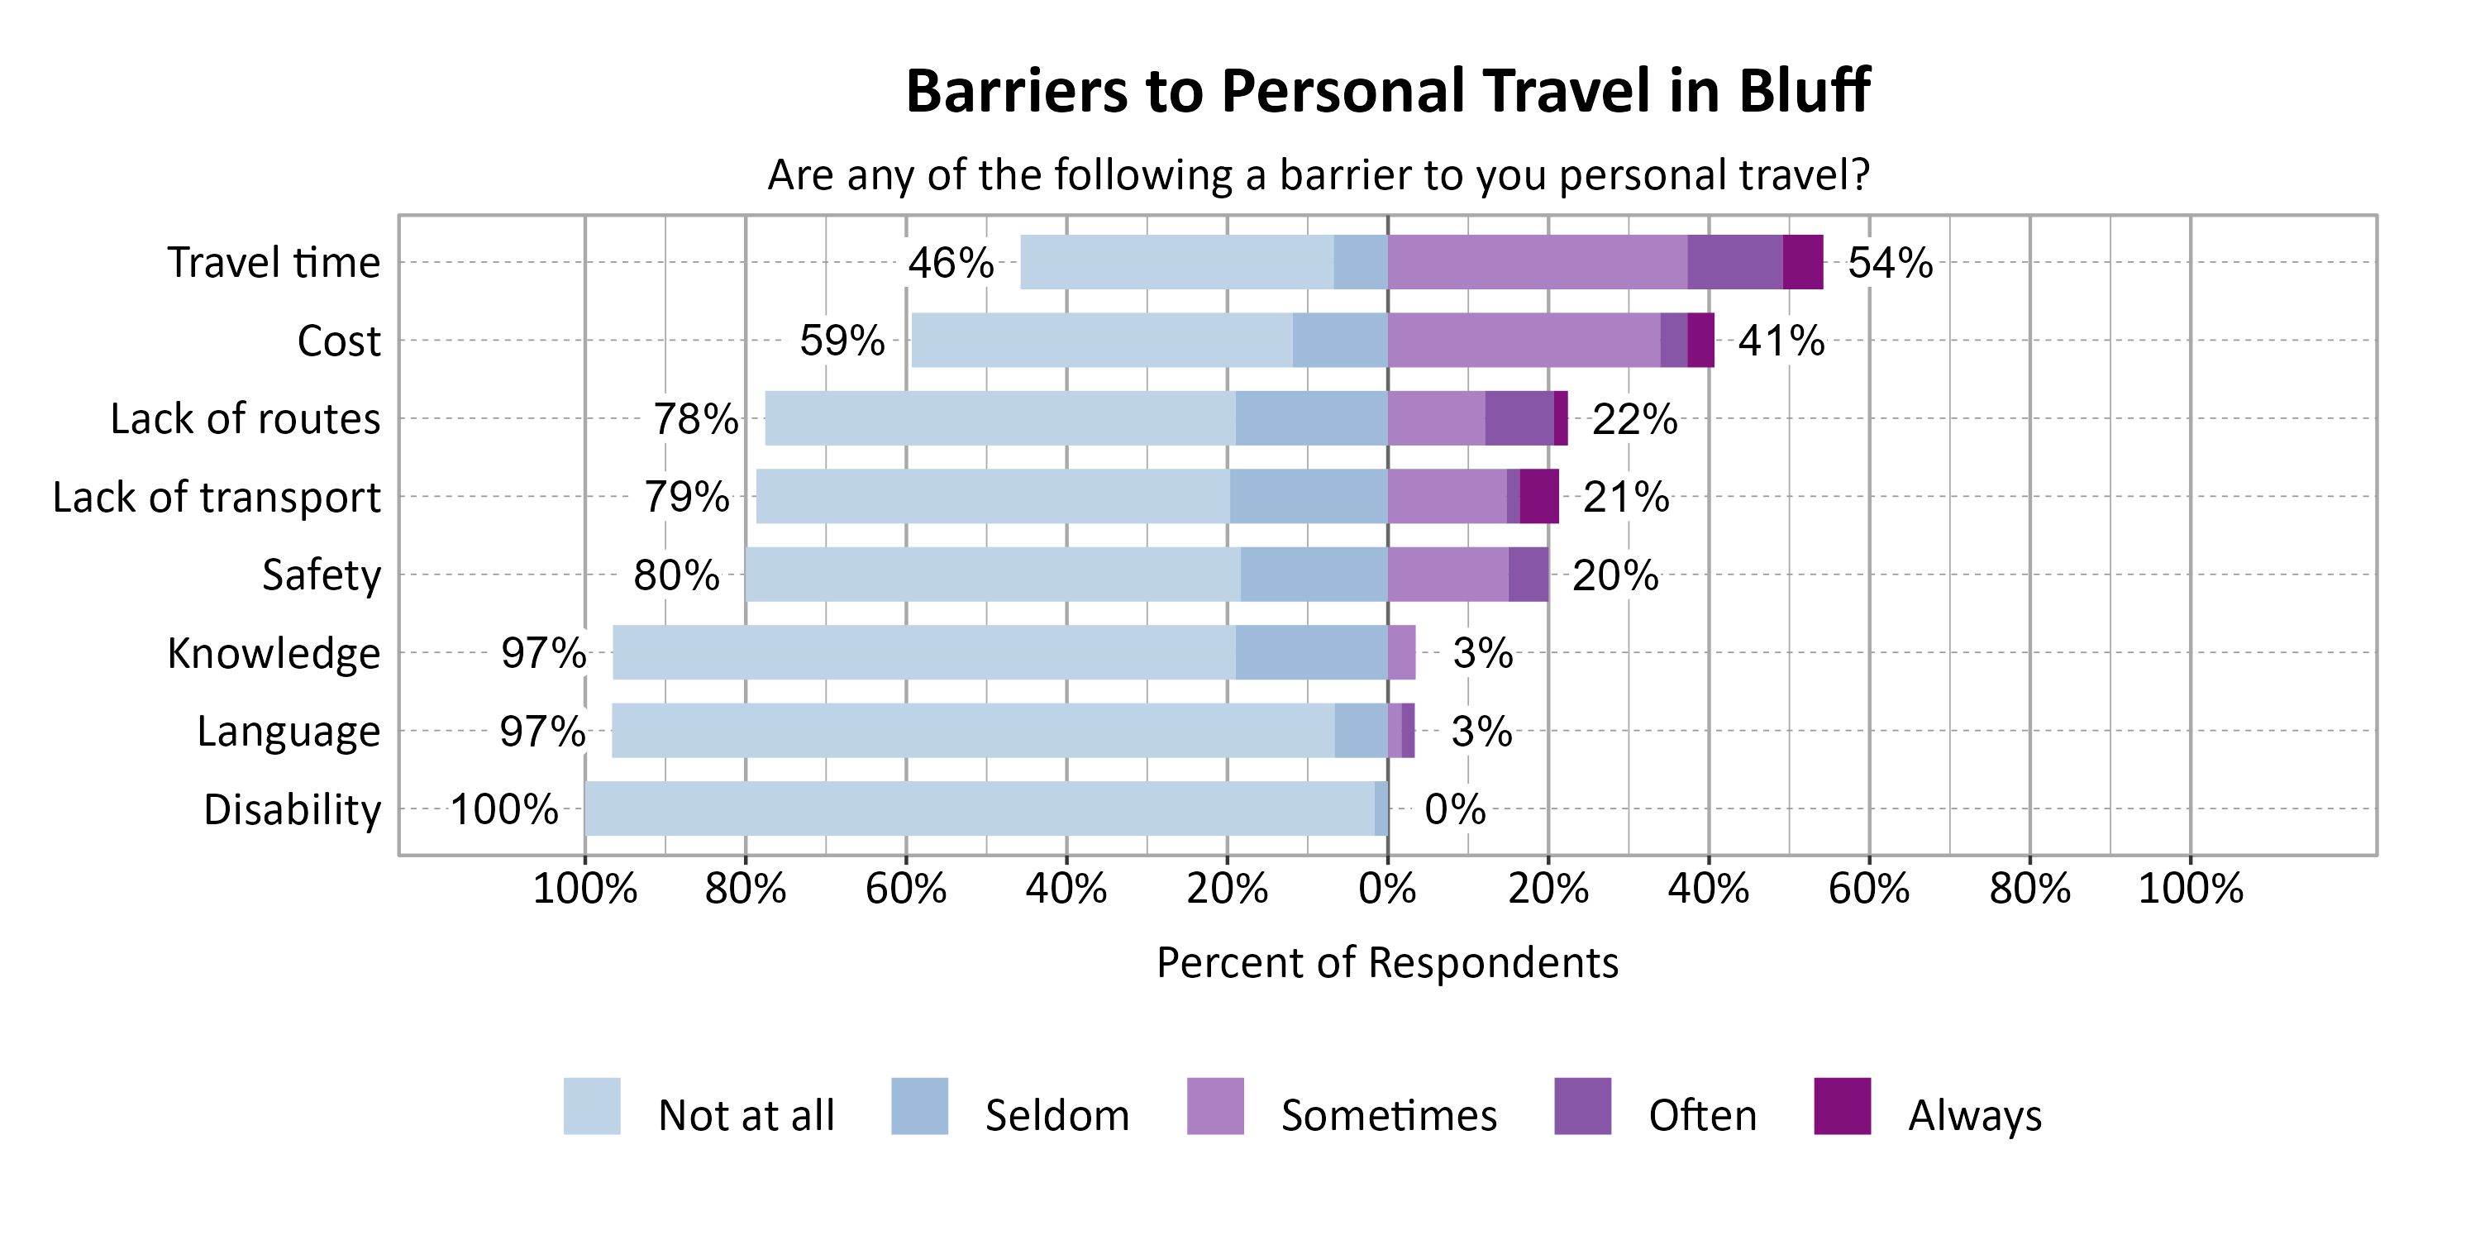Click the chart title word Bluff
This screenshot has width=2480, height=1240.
(1803, 92)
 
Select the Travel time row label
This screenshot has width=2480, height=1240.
(274, 263)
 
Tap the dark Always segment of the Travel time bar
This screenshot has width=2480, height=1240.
(1802, 262)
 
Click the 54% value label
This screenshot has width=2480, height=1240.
(1890, 263)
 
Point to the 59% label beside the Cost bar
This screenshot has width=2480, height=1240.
(842, 341)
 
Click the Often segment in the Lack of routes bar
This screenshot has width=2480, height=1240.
(1519, 417)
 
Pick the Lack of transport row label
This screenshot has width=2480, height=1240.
(217, 498)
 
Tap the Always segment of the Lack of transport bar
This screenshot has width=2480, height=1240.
(1538, 496)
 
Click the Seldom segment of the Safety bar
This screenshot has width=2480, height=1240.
(1314, 574)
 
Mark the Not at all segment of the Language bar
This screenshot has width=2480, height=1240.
(972, 730)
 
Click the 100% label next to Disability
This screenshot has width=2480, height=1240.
(503, 809)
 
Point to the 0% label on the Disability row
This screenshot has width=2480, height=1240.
(1455, 809)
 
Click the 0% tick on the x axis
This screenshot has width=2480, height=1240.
(1387, 889)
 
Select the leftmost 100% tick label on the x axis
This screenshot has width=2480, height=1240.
(584, 889)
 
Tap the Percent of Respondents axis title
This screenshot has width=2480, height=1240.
(1386, 963)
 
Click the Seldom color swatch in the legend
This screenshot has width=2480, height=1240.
(919, 1106)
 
